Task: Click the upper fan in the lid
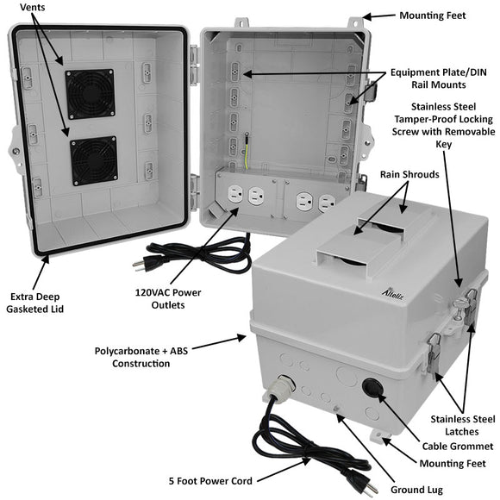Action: pyautogui.click(x=90, y=94)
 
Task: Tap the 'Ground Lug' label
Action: pyautogui.click(x=423, y=489)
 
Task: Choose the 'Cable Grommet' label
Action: pyautogui.click(x=459, y=446)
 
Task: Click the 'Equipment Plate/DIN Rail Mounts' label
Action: pyautogui.click(x=439, y=78)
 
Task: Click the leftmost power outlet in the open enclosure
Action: pyautogui.click(x=233, y=196)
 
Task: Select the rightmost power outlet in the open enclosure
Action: pyautogui.click(x=326, y=203)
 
